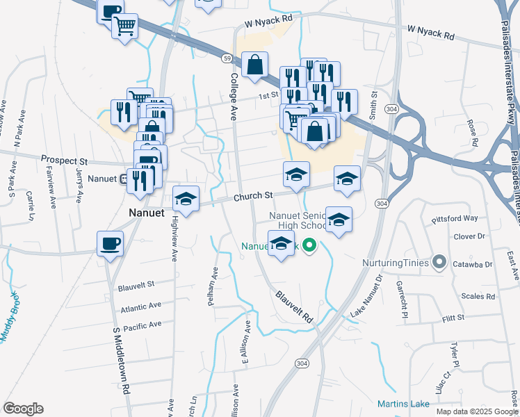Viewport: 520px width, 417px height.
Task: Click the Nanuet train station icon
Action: [x=123, y=179]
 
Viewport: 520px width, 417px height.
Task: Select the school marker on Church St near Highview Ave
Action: [x=186, y=199]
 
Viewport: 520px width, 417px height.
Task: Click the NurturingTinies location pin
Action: [x=439, y=263]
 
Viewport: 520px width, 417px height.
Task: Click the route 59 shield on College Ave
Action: [x=227, y=60]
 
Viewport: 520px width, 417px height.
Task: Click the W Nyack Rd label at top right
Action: [x=430, y=32]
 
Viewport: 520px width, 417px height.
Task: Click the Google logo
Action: [x=23, y=409]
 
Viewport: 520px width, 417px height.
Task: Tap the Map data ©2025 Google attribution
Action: [x=476, y=411]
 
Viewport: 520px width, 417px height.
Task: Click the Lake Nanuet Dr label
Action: [x=367, y=297]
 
